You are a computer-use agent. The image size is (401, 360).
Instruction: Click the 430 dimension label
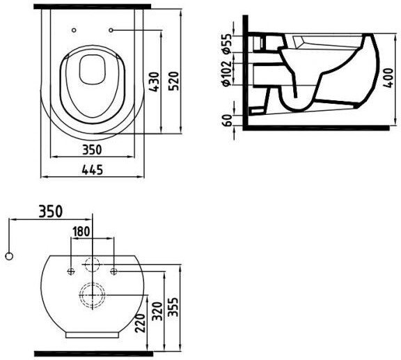154,82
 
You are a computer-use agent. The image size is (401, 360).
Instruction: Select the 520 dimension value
173,81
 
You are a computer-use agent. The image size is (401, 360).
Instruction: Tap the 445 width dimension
93,170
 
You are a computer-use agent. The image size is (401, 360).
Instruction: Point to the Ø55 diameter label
227,43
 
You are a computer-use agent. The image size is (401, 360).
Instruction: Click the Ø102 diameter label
227,73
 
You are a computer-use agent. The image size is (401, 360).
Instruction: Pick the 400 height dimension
388,78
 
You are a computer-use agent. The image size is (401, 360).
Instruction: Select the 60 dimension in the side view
228,120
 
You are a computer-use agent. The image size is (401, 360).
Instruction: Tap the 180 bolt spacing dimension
81,231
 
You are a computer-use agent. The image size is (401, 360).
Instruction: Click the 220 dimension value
141,323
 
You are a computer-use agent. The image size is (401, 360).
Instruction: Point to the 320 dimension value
157,311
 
